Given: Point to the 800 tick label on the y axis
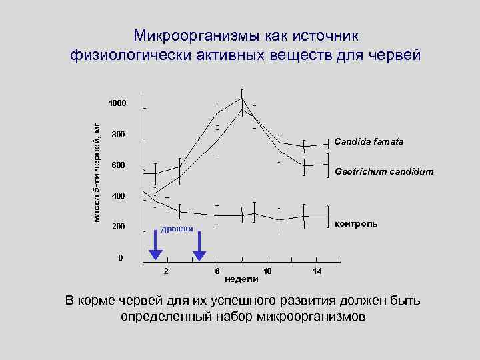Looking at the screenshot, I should [x=118, y=135].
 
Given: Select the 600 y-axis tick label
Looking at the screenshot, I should [x=118, y=165].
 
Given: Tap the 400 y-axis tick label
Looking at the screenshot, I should [x=118, y=196].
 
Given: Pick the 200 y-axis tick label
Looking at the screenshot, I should [x=118, y=227].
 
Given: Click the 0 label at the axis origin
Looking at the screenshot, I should [x=120, y=258].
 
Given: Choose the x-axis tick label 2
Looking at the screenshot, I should [x=167, y=271].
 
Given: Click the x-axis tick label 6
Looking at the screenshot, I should [x=217, y=271].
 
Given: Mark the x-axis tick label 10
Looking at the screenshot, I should [x=267, y=271].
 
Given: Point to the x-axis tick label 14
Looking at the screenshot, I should [x=317, y=271].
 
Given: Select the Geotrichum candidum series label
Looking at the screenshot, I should [x=383, y=171].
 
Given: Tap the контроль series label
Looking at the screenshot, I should [x=356, y=223].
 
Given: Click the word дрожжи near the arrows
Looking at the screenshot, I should [x=177, y=229].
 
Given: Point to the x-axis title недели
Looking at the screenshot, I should [x=242, y=278].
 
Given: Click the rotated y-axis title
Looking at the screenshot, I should [x=97, y=173].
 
